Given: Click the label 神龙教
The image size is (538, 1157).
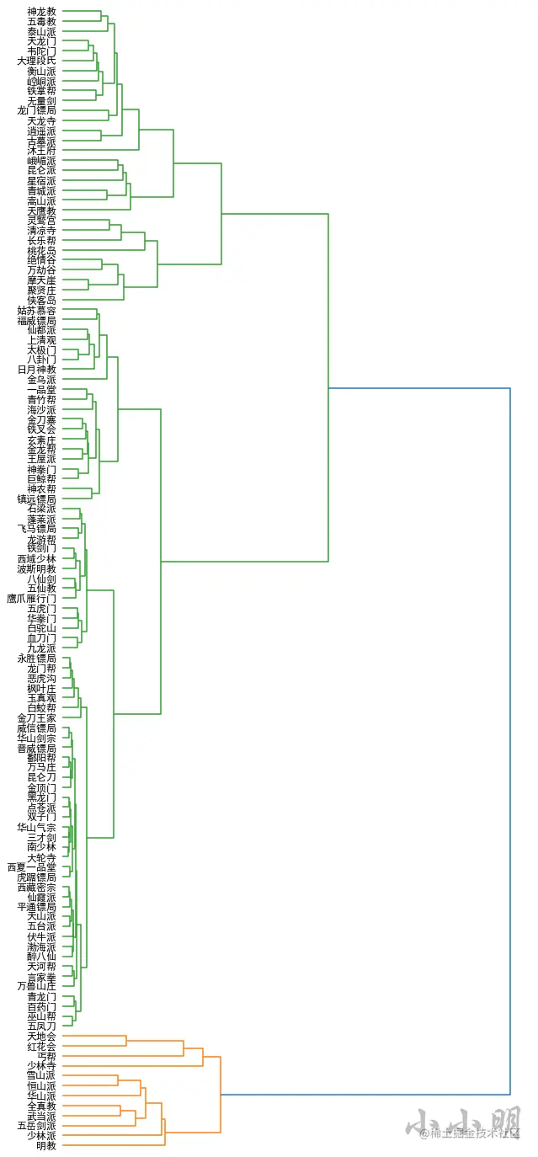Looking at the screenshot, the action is point(41,12).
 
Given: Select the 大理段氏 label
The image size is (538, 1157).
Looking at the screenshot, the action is point(37,61).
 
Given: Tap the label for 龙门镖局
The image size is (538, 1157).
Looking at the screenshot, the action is point(37,110).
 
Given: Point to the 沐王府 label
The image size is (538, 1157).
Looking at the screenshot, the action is point(41,150).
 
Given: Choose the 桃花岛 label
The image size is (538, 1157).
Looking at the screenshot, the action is point(41,250).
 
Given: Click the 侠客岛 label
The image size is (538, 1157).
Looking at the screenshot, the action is point(41,300).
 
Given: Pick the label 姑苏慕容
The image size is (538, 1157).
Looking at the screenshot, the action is point(37,311).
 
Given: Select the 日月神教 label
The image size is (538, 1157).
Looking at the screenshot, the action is point(37,370).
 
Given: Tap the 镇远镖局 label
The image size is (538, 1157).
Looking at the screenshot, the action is point(37,499).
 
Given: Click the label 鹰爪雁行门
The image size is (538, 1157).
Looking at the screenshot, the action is point(32,599).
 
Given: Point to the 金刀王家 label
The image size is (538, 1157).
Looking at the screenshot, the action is point(37,717).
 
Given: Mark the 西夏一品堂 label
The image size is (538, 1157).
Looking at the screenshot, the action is point(32,866).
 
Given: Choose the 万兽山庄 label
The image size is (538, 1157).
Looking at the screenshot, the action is point(37,986).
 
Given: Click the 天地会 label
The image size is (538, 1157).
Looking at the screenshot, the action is point(41,1036).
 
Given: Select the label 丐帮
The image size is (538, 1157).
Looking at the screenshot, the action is point(46,1056).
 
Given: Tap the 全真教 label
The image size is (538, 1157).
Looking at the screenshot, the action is point(41,1106).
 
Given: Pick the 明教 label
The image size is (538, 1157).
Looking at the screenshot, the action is point(46,1145).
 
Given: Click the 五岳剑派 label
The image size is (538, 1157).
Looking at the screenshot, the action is point(37,1126).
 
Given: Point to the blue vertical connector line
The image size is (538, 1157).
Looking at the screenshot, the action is point(510,741).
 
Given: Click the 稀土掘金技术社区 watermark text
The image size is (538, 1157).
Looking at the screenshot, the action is point(475,1133).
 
